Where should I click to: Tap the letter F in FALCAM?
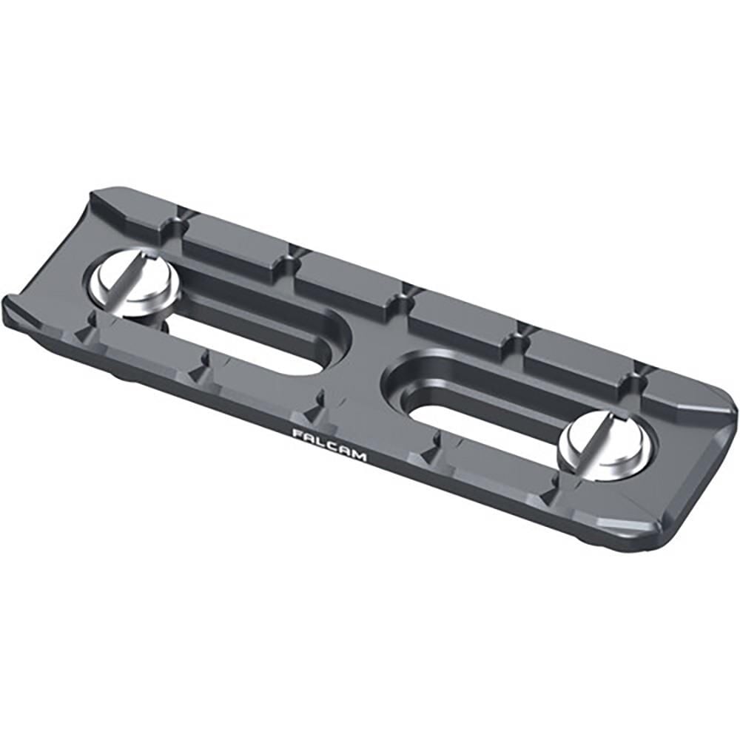[x=297, y=433]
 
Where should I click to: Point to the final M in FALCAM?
[x=360, y=456]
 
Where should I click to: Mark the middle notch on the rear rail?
[x=403, y=296]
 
